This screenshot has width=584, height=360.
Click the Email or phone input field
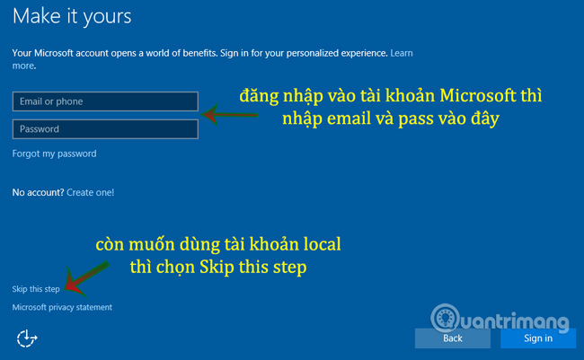[104, 101]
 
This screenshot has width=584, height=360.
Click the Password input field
[104, 129]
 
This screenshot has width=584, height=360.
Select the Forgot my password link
[54, 154]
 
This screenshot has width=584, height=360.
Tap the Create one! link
[90, 192]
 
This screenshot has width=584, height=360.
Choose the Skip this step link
[37, 288]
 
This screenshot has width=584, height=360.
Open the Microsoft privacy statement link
[62, 307]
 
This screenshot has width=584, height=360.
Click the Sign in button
[538, 338]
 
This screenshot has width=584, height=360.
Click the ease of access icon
[27, 338]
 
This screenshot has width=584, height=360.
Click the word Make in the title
[40, 16]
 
